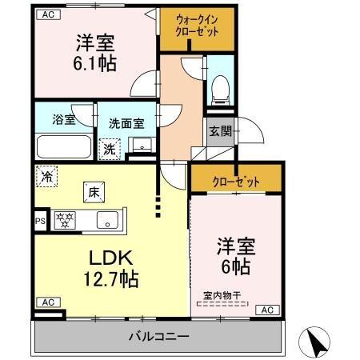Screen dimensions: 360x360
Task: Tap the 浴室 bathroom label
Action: pyautogui.click(x=63, y=121)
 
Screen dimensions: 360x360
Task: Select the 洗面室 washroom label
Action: pyautogui.click(x=126, y=123)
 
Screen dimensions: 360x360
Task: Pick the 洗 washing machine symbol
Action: pyautogui.click(x=108, y=147)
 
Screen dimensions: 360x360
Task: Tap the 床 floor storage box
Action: pyautogui.click(x=94, y=191)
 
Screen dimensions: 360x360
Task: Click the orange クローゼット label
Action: pyautogui.click(x=236, y=181)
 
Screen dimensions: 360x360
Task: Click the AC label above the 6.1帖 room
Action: pyautogui.click(x=47, y=14)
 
